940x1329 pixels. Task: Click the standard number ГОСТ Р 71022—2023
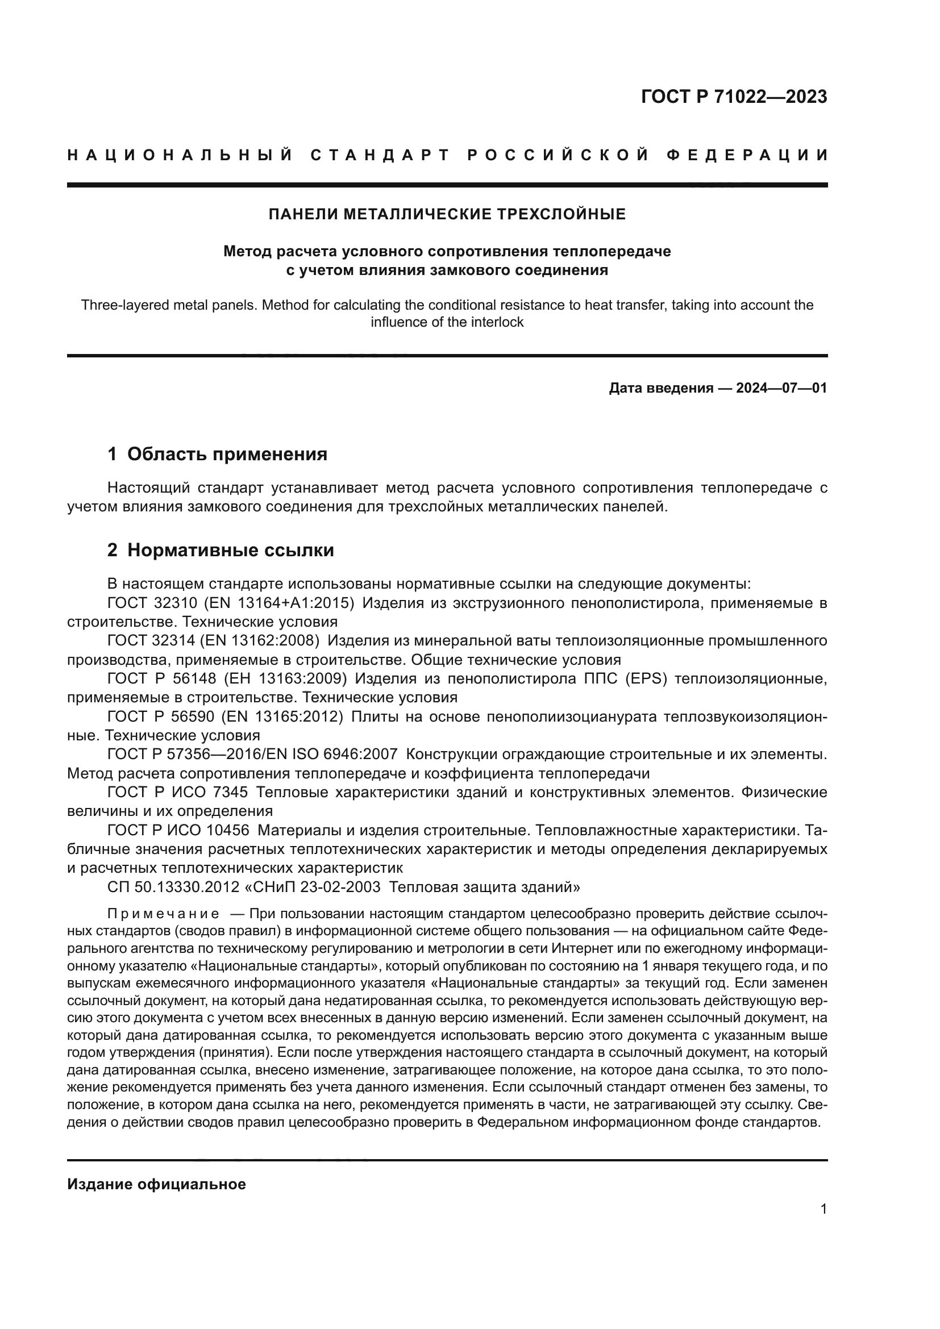tap(733, 97)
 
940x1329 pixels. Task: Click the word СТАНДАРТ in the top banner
tap(380, 155)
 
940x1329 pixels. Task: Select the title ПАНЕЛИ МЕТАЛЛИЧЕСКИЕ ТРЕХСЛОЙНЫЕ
tap(447, 215)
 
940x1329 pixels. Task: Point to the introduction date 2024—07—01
tap(781, 389)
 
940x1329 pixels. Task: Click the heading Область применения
tap(227, 455)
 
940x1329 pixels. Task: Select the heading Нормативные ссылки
tap(230, 551)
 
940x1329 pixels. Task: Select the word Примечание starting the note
tap(163, 914)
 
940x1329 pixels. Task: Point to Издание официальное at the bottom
tap(156, 1184)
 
